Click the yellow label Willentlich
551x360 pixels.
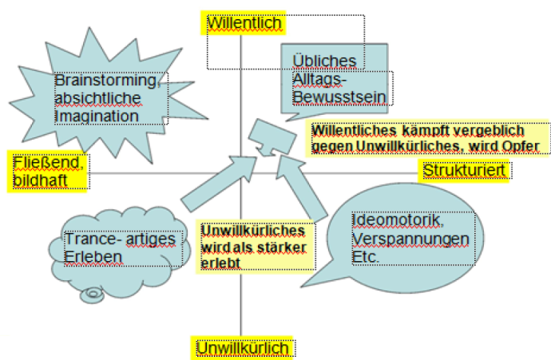click(244, 23)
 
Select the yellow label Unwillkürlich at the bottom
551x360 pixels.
click(242, 348)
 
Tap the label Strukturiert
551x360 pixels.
click(464, 171)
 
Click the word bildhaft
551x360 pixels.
click(40, 180)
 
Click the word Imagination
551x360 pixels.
click(97, 117)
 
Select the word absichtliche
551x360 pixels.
click(98, 98)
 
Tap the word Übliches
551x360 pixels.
click(324, 61)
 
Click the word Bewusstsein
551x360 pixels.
click(339, 97)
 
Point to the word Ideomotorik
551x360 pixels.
click(398, 220)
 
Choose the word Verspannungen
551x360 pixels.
click(410, 239)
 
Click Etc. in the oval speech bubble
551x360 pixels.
click(366, 257)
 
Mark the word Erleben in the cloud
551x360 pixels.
click(93, 257)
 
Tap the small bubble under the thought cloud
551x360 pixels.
click(92, 295)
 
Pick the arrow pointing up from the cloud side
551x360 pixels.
click(219, 184)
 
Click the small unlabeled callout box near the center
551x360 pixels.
click(272, 137)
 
